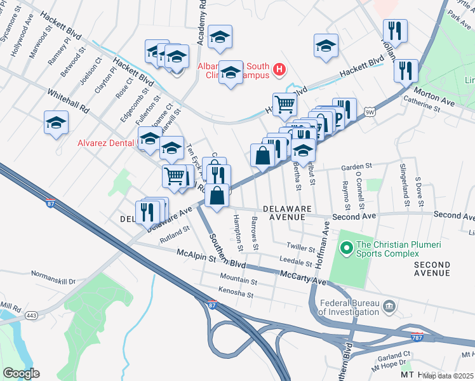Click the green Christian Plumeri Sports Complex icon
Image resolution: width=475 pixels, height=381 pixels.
click(345, 247)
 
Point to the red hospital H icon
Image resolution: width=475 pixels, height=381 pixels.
click(278, 69)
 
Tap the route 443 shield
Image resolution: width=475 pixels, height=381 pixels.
click(30, 314)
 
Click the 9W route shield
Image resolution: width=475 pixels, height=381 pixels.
click(370, 112)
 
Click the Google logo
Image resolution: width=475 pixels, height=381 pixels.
click(21, 373)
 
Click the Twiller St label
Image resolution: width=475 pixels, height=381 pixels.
click(300, 248)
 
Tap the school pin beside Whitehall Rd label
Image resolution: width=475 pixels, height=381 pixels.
click(57, 121)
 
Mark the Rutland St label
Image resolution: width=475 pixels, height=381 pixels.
click(175, 234)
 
